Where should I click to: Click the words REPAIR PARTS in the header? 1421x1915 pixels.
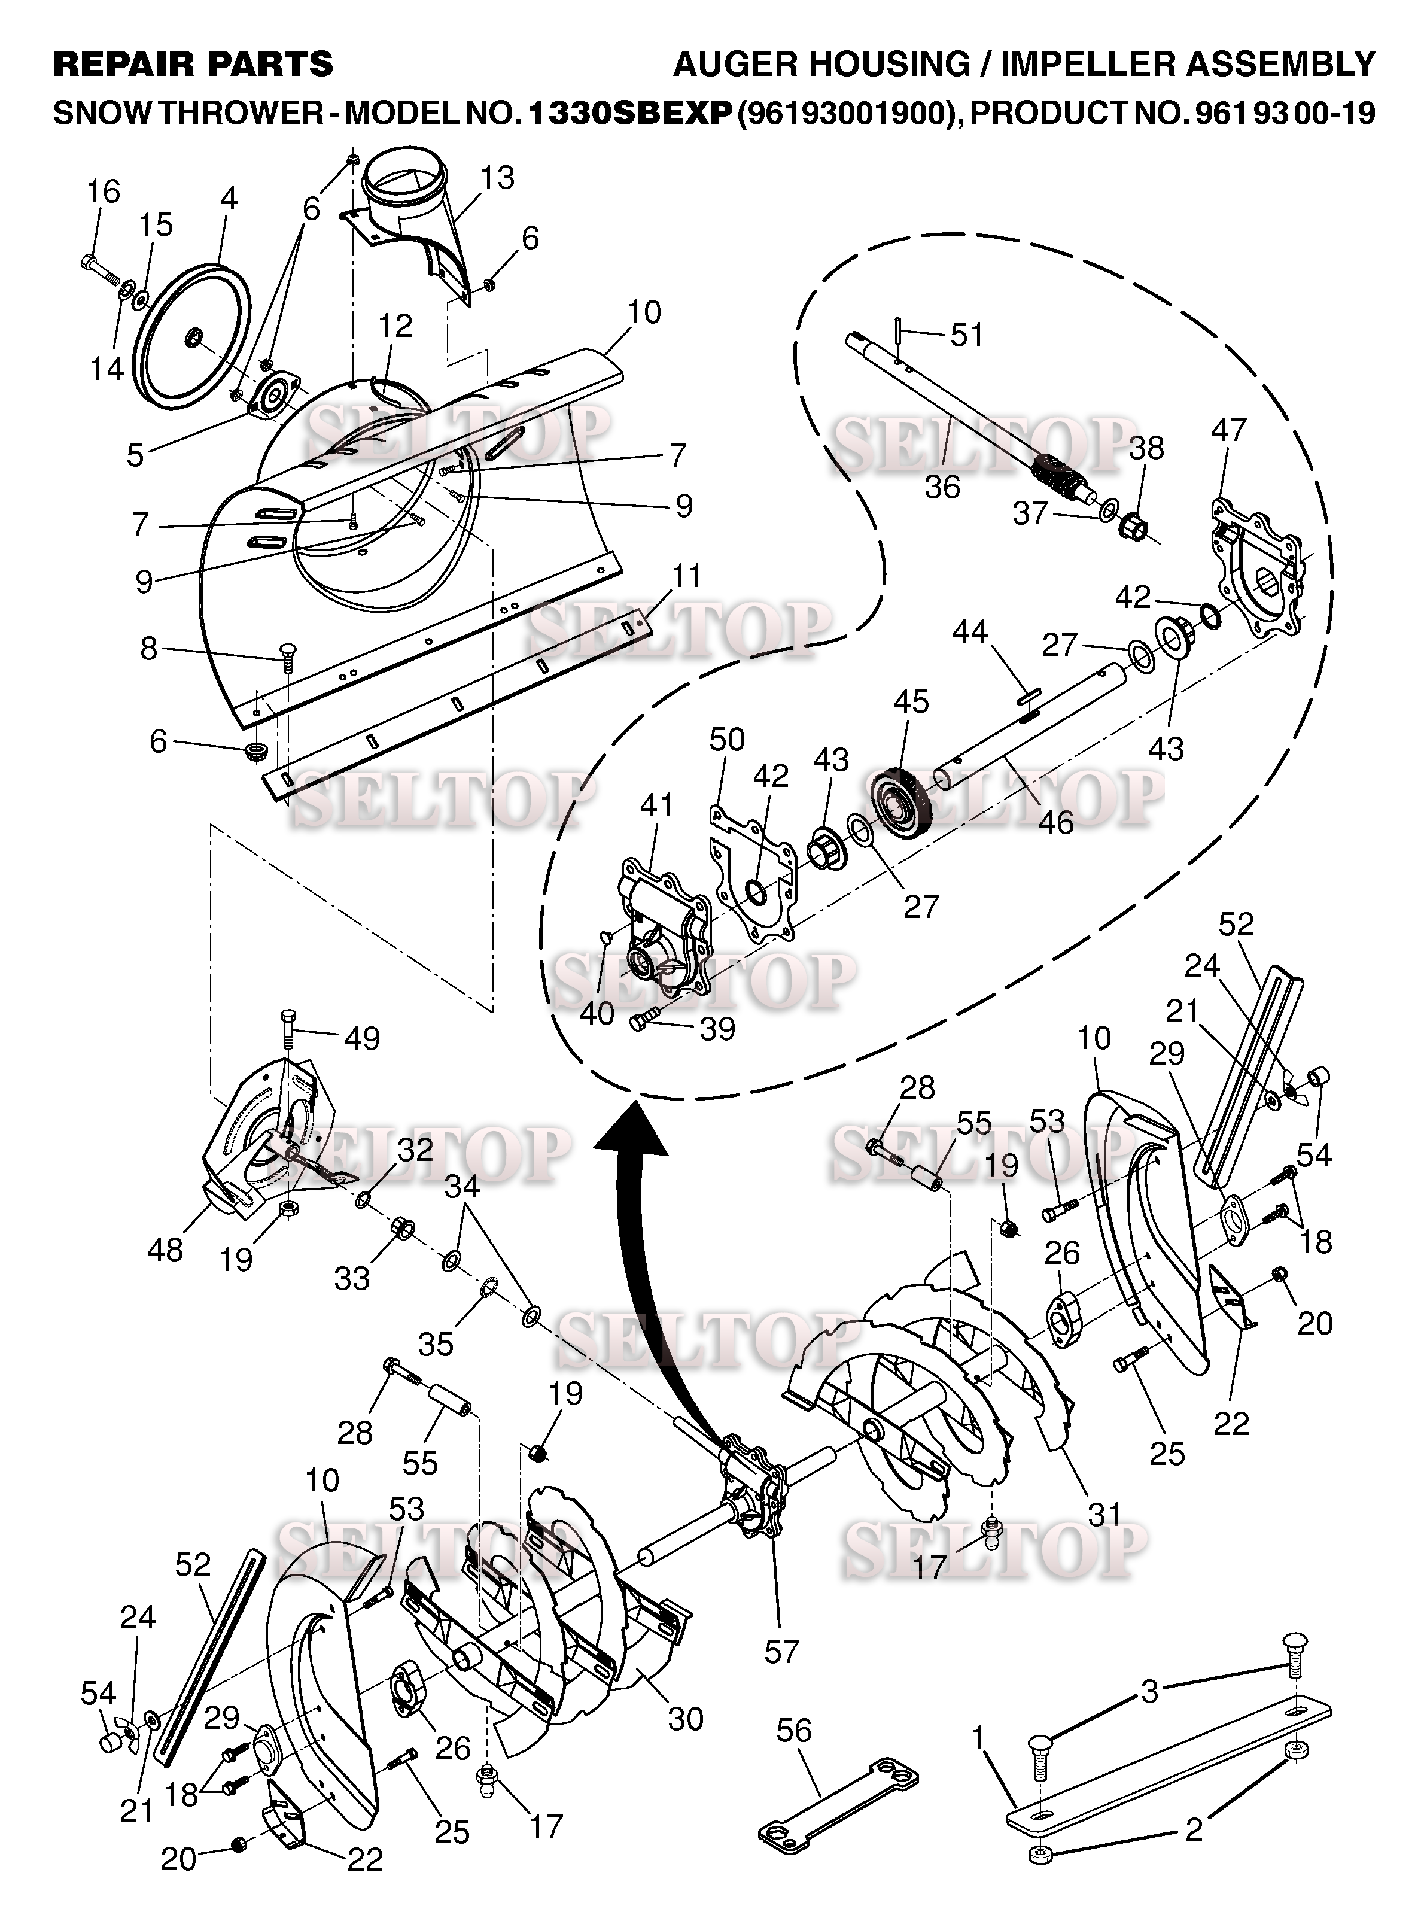193,65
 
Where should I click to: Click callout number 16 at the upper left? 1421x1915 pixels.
104,191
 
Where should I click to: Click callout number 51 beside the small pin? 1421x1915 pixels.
967,335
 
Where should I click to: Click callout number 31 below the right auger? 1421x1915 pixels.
1105,1513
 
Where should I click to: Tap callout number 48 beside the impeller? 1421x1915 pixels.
165,1249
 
